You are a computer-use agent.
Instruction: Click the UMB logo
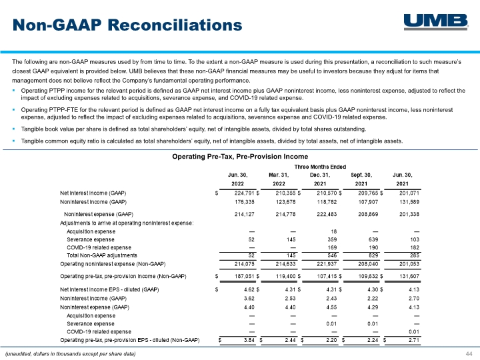(x=436, y=22)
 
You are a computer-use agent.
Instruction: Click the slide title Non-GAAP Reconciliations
(x=127, y=25)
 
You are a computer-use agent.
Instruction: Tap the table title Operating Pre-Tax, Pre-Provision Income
(x=240, y=157)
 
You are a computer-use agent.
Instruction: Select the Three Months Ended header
(x=320, y=167)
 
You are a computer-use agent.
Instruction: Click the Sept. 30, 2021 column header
(x=361, y=179)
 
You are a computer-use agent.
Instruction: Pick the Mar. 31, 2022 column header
(x=279, y=179)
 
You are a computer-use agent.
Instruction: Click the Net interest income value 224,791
(x=244, y=193)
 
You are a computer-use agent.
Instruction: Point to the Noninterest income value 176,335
(x=244, y=202)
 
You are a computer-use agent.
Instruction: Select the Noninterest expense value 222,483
(x=327, y=214)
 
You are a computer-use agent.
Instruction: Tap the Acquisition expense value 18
(x=334, y=232)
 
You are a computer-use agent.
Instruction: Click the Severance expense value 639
(x=373, y=240)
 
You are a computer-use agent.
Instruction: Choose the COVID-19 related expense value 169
(x=332, y=247)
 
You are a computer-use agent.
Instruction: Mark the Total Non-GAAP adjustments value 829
(x=373, y=255)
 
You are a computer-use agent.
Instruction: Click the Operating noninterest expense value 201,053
(x=409, y=264)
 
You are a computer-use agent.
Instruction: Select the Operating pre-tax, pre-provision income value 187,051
(x=244, y=277)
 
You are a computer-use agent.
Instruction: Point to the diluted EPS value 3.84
(x=249, y=340)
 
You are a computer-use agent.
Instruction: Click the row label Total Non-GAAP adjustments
(x=102, y=255)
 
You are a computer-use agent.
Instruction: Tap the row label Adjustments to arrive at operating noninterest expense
(x=127, y=223)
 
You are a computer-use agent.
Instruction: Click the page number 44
(x=469, y=354)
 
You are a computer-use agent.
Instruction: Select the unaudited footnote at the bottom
(x=71, y=354)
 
